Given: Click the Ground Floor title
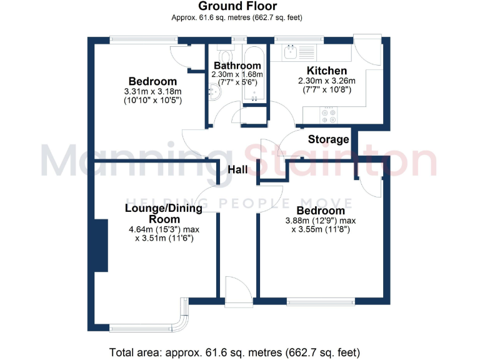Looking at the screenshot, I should click(237, 6).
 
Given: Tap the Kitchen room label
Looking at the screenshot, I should click(326, 71).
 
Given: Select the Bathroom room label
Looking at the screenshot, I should click(237, 66).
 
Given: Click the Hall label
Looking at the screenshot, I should click(237, 170).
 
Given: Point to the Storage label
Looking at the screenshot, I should click(328, 139).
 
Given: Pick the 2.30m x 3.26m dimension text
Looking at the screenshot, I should click(326, 81).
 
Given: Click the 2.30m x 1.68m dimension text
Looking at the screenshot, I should click(237, 74).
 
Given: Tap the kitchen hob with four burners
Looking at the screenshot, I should click(328, 115).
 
